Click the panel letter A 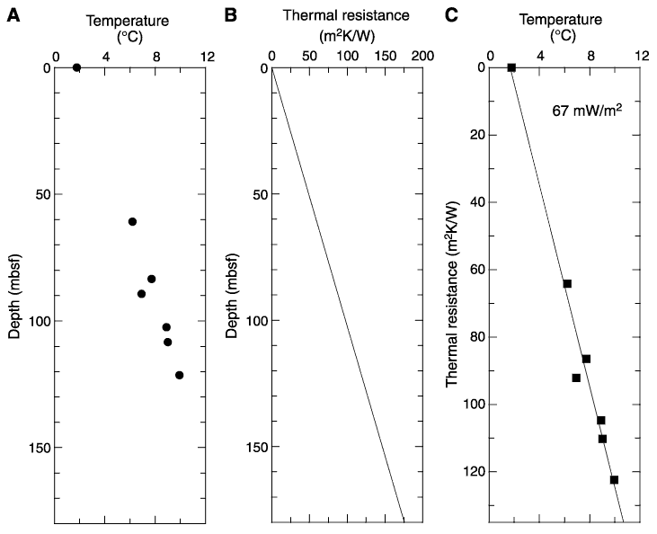pyautogui.click(x=13, y=15)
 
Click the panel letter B pyautogui.click(x=230, y=15)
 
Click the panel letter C pyautogui.click(x=452, y=15)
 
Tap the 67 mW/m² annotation pyautogui.click(x=587, y=111)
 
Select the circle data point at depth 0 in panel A pyautogui.click(x=76, y=67)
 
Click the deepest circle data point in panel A pyautogui.click(x=180, y=375)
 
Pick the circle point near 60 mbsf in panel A pyautogui.click(x=132, y=222)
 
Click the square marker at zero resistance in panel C pyautogui.click(x=511, y=67)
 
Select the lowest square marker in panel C pyautogui.click(x=614, y=480)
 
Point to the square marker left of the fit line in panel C pyautogui.click(x=576, y=378)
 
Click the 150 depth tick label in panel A pyautogui.click(x=40, y=448)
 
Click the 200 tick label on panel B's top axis pyautogui.click(x=422, y=56)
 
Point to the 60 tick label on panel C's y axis pyautogui.click(x=475, y=270)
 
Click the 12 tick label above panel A pyautogui.click(x=207, y=56)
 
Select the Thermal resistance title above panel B pyautogui.click(x=347, y=15)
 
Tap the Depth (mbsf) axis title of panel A pyautogui.click(x=14, y=296)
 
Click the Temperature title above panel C pyautogui.click(x=561, y=20)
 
